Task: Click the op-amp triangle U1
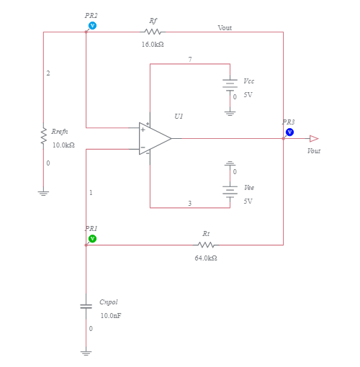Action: [153, 138]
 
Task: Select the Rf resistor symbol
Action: [153, 32]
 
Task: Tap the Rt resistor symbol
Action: [206, 245]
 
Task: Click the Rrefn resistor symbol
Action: [43, 135]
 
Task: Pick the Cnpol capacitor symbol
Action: [86, 306]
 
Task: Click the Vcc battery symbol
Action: [230, 84]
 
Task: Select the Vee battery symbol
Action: [230, 190]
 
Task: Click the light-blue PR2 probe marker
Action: [92, 25]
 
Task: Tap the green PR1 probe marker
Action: [92, 238]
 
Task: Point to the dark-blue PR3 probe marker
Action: [289, 132]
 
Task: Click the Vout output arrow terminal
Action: [313, 138]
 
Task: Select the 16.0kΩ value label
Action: [153, 45]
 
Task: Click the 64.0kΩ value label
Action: [206, 258]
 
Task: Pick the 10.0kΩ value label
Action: [63, 145]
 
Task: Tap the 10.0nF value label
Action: [111, 316]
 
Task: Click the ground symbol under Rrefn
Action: [43, 192]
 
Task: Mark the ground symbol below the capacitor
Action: [86, 353]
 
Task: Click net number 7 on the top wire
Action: [190, 59]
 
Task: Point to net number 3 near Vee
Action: [190, 204]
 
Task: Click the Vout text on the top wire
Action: [225, 27]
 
